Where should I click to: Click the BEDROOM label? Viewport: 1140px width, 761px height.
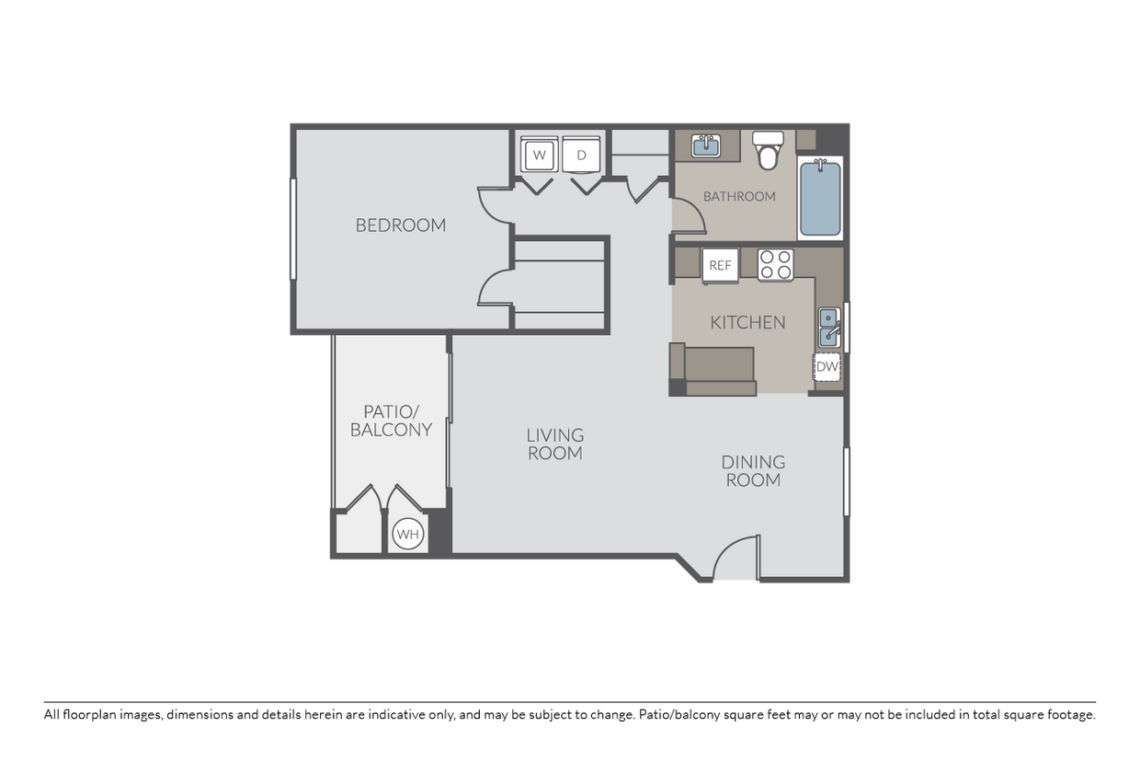[400, 225]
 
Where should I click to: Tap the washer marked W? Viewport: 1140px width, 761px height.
[540, 156]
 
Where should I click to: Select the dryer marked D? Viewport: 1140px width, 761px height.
[581, 156]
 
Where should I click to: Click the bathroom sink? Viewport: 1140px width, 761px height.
[705, 145]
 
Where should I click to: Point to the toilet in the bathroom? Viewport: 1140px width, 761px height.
[767, 151]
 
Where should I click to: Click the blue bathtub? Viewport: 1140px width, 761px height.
[820, 199]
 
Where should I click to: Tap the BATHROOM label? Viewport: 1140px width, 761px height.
[739, 196]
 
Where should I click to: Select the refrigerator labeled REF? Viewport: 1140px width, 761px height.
[720, 265]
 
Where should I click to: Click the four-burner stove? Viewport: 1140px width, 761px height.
[775, 265]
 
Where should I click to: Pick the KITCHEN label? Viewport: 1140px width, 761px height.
[747, 322]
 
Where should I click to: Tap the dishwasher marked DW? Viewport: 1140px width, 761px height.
[827, 367]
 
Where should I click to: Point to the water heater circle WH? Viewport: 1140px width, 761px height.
[407, 534]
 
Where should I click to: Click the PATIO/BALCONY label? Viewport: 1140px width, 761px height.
[391, 421]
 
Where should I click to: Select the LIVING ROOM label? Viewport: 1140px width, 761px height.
[554, 444]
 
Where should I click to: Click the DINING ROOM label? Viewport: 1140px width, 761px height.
[753, 470]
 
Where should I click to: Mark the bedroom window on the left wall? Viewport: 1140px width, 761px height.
[293, 228]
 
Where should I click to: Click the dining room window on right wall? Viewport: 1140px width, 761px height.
[846, 481]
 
